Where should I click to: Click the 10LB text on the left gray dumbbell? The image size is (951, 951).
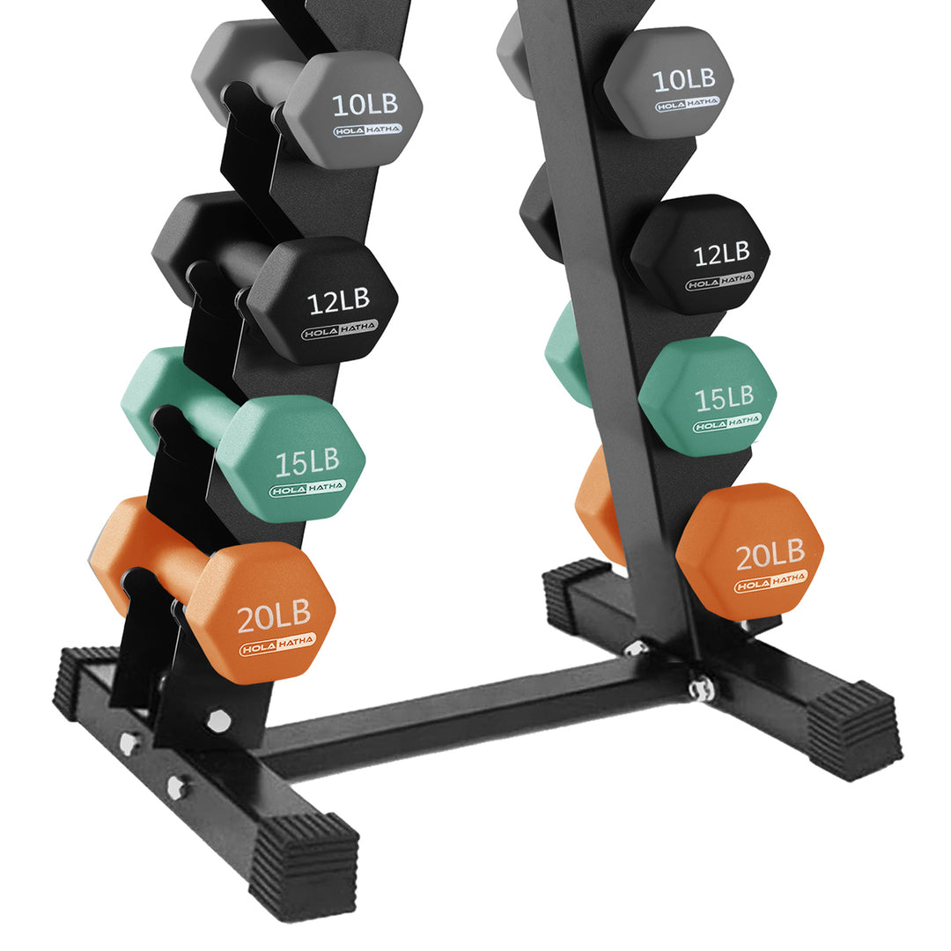(x=365, y=104)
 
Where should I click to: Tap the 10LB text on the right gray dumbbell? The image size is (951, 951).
(x=683, y=79)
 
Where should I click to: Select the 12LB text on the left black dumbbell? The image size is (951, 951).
(x=338, y=301)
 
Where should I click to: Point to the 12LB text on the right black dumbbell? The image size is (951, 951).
(x=721, y=255)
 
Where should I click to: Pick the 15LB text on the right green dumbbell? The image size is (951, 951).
(x=725, y=398)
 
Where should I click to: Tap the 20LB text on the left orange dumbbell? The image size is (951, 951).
(x=274, y=618)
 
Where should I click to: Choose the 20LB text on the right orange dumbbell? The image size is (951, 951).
(x=770, y=553)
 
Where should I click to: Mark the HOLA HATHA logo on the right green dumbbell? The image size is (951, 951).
(x=727, y=424)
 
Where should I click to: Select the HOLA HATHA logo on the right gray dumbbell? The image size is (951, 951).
(x=687, y=104)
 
